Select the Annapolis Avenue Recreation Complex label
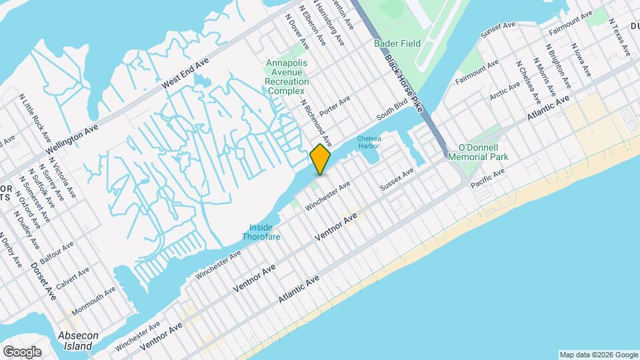(287, 77)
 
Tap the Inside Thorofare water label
(261, 232)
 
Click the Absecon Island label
(77, 341)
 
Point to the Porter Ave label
(335, 106)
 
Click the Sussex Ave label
(397, 179)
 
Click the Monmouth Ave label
(93, 301)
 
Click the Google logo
(22, 351)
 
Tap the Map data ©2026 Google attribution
(598, 354)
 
